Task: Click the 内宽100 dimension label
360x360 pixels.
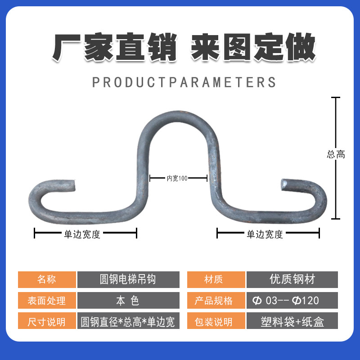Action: pos(177,178)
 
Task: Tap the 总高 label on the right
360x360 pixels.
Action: pos(336,154)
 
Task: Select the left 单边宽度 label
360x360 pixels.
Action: pos(82,234)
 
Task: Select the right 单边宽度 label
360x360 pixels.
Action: pos(265,234)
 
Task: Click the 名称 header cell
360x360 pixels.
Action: pos(47,279)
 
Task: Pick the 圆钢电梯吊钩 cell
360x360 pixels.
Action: pos(128,279)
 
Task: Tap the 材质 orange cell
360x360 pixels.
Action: pos(216,279)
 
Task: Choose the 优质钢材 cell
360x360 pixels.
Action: pos(292,279)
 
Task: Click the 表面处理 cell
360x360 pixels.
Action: pos(47,300)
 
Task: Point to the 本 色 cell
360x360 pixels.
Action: pos(128,300)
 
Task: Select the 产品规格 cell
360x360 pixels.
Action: pos(216,300)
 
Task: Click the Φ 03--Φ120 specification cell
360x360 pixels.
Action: pos(292,300)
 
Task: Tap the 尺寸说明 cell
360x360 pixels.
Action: pos(47,320)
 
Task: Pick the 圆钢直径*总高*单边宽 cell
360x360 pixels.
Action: pos(128,320)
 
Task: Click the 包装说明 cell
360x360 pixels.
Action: pos(216,320)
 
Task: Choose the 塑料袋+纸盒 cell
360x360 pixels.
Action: pos(292,320)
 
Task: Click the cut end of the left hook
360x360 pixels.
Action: pos(73,185)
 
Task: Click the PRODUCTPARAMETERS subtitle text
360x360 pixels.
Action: pos(184,82)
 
